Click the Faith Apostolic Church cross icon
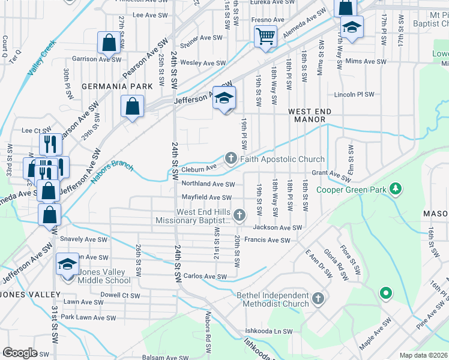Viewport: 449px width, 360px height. point(231,158)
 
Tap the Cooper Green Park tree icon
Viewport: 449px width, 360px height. point(395,190)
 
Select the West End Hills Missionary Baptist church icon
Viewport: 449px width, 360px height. point(240,215)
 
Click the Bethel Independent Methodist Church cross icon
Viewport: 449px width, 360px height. point(318,298)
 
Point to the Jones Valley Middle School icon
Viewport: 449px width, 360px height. point(67,264)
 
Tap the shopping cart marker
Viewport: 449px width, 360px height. point(265,37)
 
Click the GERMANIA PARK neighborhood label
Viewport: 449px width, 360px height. point(117,86)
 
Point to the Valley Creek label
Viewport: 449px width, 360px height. point(41,58)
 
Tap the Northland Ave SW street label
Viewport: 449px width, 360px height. point(208,184)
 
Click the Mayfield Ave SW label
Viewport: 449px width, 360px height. point(206,197)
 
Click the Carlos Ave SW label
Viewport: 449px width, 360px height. point(205,277)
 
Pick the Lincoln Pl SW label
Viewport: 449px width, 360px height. point(354,95)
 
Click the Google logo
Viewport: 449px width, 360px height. point(20,353)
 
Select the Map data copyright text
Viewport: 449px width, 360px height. point(424,355)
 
